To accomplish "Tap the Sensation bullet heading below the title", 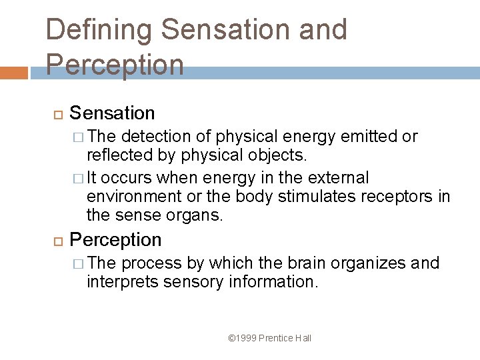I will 112,113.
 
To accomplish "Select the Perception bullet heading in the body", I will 115,239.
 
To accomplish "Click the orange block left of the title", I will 14,73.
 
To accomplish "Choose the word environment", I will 134,197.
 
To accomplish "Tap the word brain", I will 300,263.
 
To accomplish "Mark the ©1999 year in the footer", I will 242,338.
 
